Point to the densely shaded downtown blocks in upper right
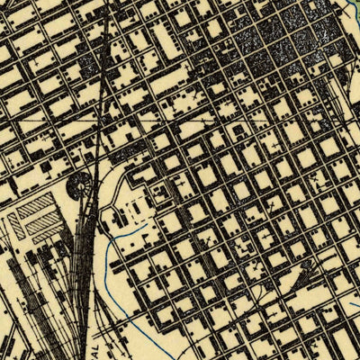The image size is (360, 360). click(288, 36)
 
